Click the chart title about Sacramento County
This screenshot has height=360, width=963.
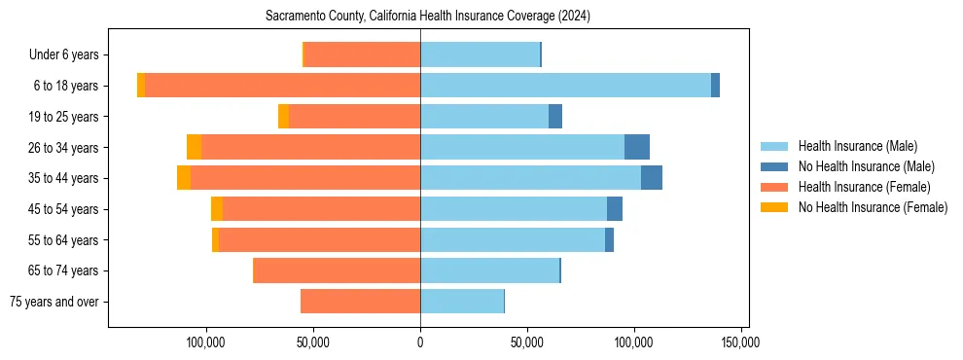click(428, 17)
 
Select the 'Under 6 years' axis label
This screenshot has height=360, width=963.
click(69, 55)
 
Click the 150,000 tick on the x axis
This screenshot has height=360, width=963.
click(741, 342)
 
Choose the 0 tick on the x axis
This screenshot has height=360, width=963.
click(420, 342)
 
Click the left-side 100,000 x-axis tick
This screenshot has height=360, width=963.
click(206, 342)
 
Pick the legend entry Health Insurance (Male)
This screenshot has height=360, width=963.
click(857, 146)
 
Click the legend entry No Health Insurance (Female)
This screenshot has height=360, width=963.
click(873, 207)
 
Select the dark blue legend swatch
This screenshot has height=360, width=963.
click(773, 166)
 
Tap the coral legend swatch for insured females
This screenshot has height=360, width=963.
click(773, 187)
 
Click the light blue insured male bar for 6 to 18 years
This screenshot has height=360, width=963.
click(565, 86)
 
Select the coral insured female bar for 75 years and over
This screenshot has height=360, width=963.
click(360, 302)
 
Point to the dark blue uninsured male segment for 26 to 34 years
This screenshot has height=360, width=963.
click(637, 147)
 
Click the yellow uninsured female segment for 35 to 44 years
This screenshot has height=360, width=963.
click(184, 178)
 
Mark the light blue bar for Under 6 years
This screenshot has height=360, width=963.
click(480, 54)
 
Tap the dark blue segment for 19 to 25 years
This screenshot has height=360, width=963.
click(555, 117)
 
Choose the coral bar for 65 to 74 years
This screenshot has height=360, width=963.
click(337, 270)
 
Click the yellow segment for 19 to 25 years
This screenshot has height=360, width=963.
click(283, 117)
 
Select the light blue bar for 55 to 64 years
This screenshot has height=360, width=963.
click(513, 239)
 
